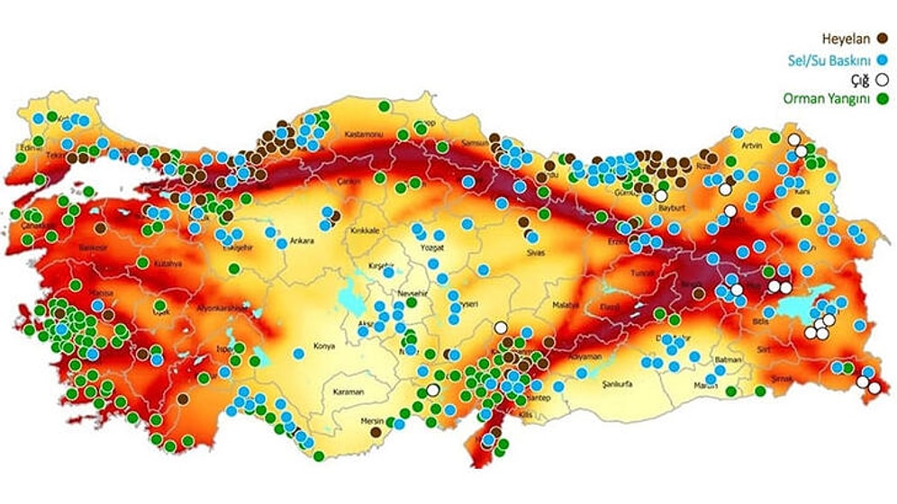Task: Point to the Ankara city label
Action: point(301,240)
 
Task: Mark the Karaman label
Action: point(348,391)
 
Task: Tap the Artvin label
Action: point(752,146)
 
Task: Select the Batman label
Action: point(727,360)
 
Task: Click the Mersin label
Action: point(372,421)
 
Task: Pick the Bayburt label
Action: point(673,207)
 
